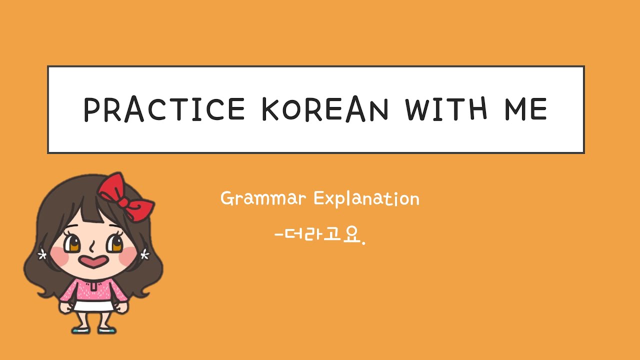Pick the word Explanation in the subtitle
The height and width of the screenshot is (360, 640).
366,199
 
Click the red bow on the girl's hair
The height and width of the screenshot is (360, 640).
125,195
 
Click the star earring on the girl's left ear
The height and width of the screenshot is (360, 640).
145,255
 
